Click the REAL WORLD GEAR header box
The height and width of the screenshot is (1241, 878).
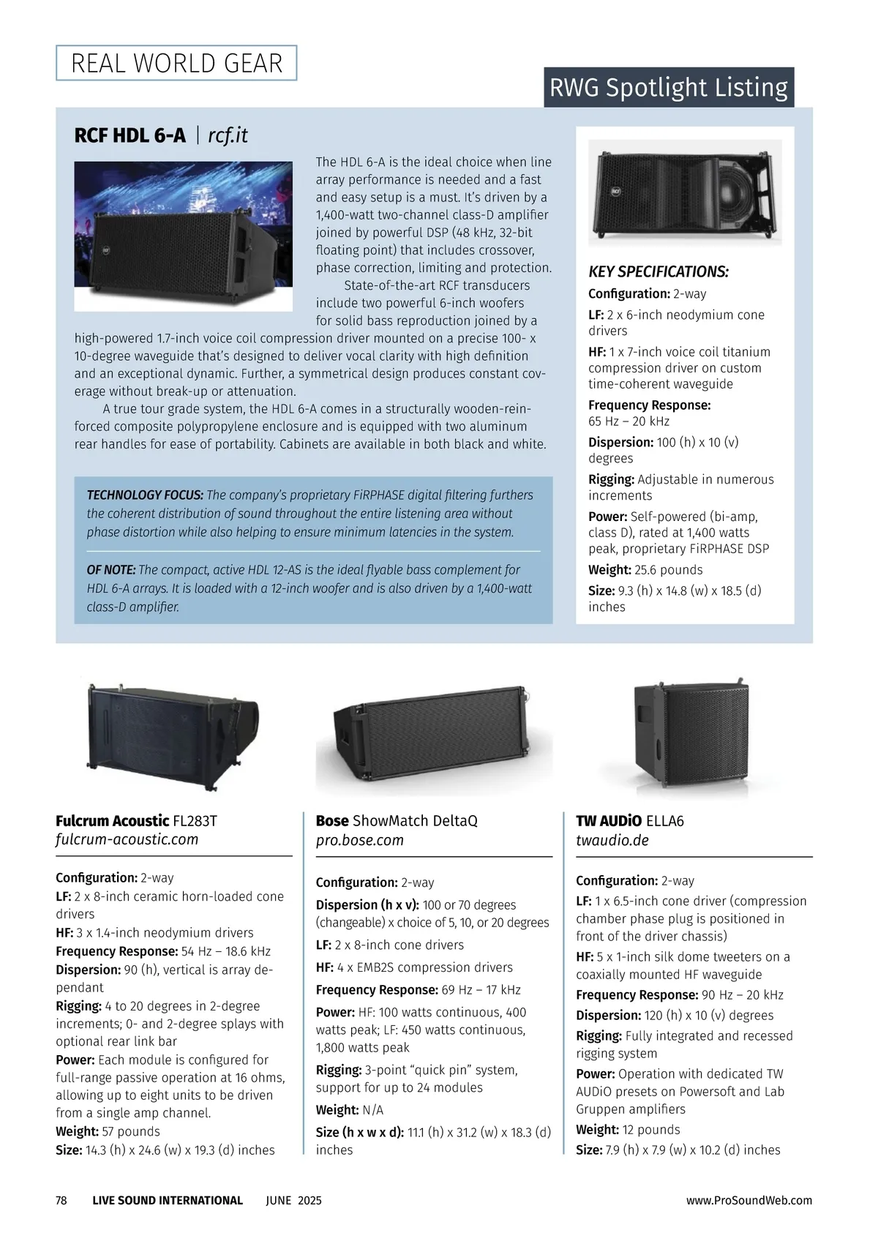[176, 63]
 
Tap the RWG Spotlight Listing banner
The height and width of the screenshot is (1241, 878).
[668, 88]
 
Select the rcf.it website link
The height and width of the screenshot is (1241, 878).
[228, 135]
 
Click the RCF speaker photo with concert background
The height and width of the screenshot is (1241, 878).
[183, 236]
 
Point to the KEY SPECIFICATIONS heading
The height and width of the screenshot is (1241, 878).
[658, 272]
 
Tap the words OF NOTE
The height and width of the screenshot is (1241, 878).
[111, 570]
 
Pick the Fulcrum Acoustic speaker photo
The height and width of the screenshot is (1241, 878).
[173, 735]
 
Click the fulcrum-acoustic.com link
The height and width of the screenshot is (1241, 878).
[127, 840]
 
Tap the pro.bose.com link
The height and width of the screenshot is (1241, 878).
[360, 841]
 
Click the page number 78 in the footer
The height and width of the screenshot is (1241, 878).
[61, 1201]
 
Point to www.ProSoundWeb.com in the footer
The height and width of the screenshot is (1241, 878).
[749, 1201]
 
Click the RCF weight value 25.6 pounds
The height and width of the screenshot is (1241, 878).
[668, 570]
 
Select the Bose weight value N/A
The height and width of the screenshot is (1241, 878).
[372, 1110]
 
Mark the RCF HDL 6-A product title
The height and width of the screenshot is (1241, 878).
[130, 135]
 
